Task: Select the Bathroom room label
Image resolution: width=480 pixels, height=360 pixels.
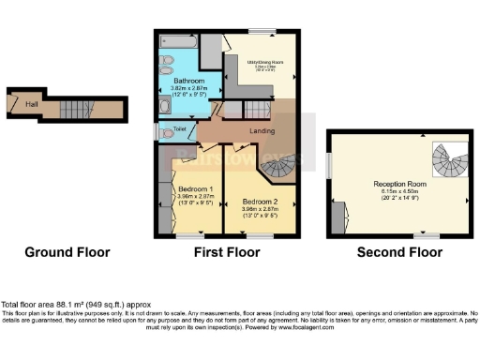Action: (x=188, y=81)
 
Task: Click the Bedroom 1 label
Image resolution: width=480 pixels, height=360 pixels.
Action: (x=196, y=189)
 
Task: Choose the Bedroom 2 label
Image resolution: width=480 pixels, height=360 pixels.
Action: (x=260, y=202)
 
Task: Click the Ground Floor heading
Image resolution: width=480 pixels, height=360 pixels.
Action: (x=67, y=252)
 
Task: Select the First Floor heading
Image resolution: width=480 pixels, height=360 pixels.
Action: (x=225, y=252)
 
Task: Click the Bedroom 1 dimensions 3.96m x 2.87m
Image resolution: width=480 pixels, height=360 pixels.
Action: (x=196, y=197)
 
